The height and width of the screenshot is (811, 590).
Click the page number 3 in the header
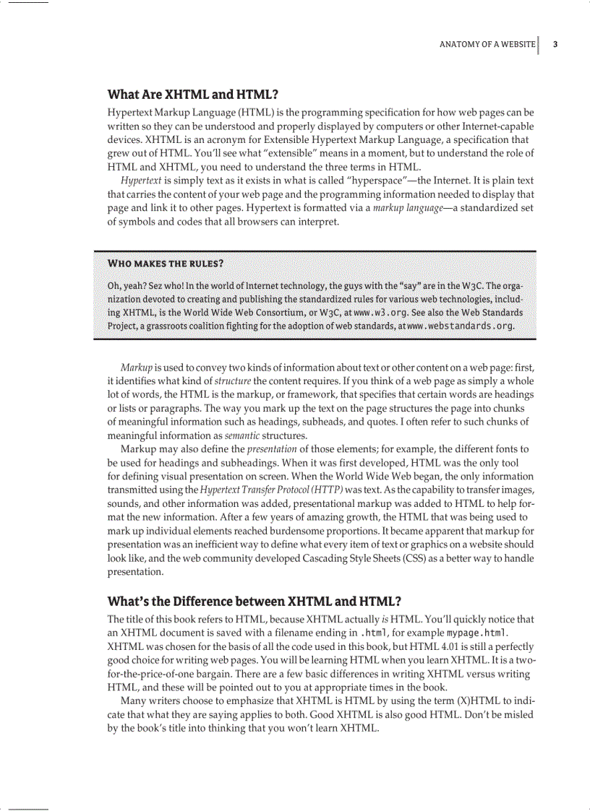click(555, 45)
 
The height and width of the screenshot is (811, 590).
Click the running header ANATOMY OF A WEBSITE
click(487, 45)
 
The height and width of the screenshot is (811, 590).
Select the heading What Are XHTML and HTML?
click(192, 95)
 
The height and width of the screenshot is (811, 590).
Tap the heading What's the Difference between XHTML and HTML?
click(254, 602)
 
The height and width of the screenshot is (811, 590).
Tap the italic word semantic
click(243, 435)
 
